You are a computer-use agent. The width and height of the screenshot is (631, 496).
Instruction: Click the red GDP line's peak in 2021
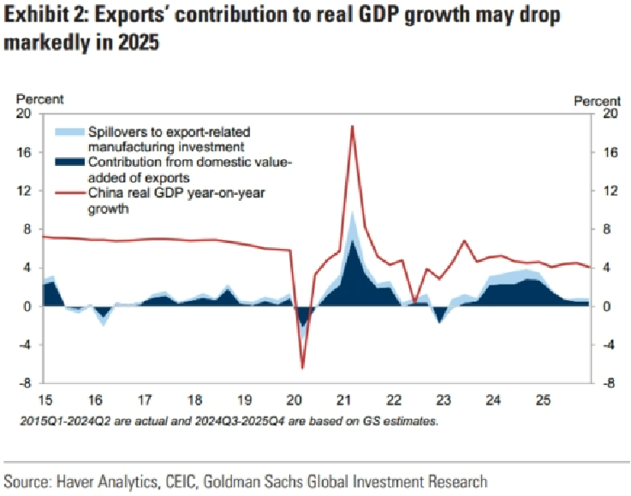coord(352,127)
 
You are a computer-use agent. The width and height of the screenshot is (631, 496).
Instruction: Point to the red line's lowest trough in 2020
coord(302,368)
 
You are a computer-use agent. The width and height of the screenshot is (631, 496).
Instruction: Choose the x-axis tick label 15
coord(43,399)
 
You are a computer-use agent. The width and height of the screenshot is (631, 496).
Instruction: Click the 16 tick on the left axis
coord(25,152)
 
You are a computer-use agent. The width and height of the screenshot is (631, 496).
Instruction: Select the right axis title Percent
coord(597,101)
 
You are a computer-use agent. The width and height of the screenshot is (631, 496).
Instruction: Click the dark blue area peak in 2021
coord(353,242)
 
